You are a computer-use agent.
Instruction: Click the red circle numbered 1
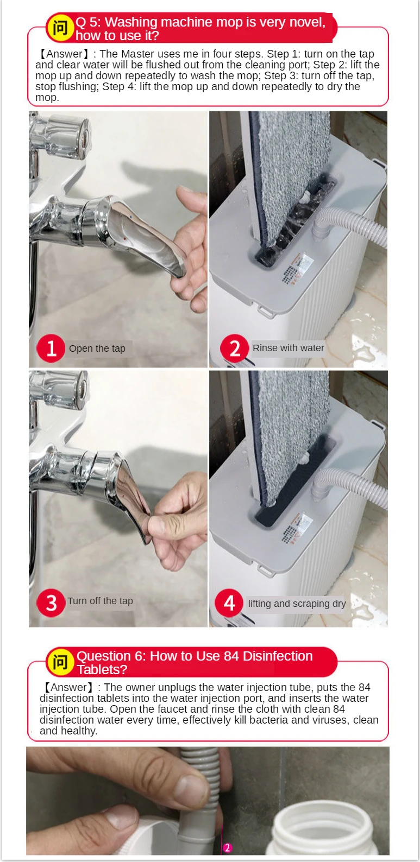point(51,348)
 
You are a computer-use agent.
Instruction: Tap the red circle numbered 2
point(235,348)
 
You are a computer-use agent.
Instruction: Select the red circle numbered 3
point(51,603)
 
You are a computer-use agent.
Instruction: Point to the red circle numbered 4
point(229,603)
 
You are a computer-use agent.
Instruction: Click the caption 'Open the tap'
point(97,348)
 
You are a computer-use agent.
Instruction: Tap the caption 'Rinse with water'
point(288,348)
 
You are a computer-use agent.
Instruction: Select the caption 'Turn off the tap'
point(100,601)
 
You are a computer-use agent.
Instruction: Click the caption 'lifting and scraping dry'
point(297,604)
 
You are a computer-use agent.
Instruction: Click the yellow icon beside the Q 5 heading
point(60,28)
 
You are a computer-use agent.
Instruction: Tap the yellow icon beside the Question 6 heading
point(60,662)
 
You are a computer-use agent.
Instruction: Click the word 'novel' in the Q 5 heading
point(307,22)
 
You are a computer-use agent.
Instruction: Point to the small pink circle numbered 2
point(227,847)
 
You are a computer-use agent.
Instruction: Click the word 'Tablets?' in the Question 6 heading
point(102,670)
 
